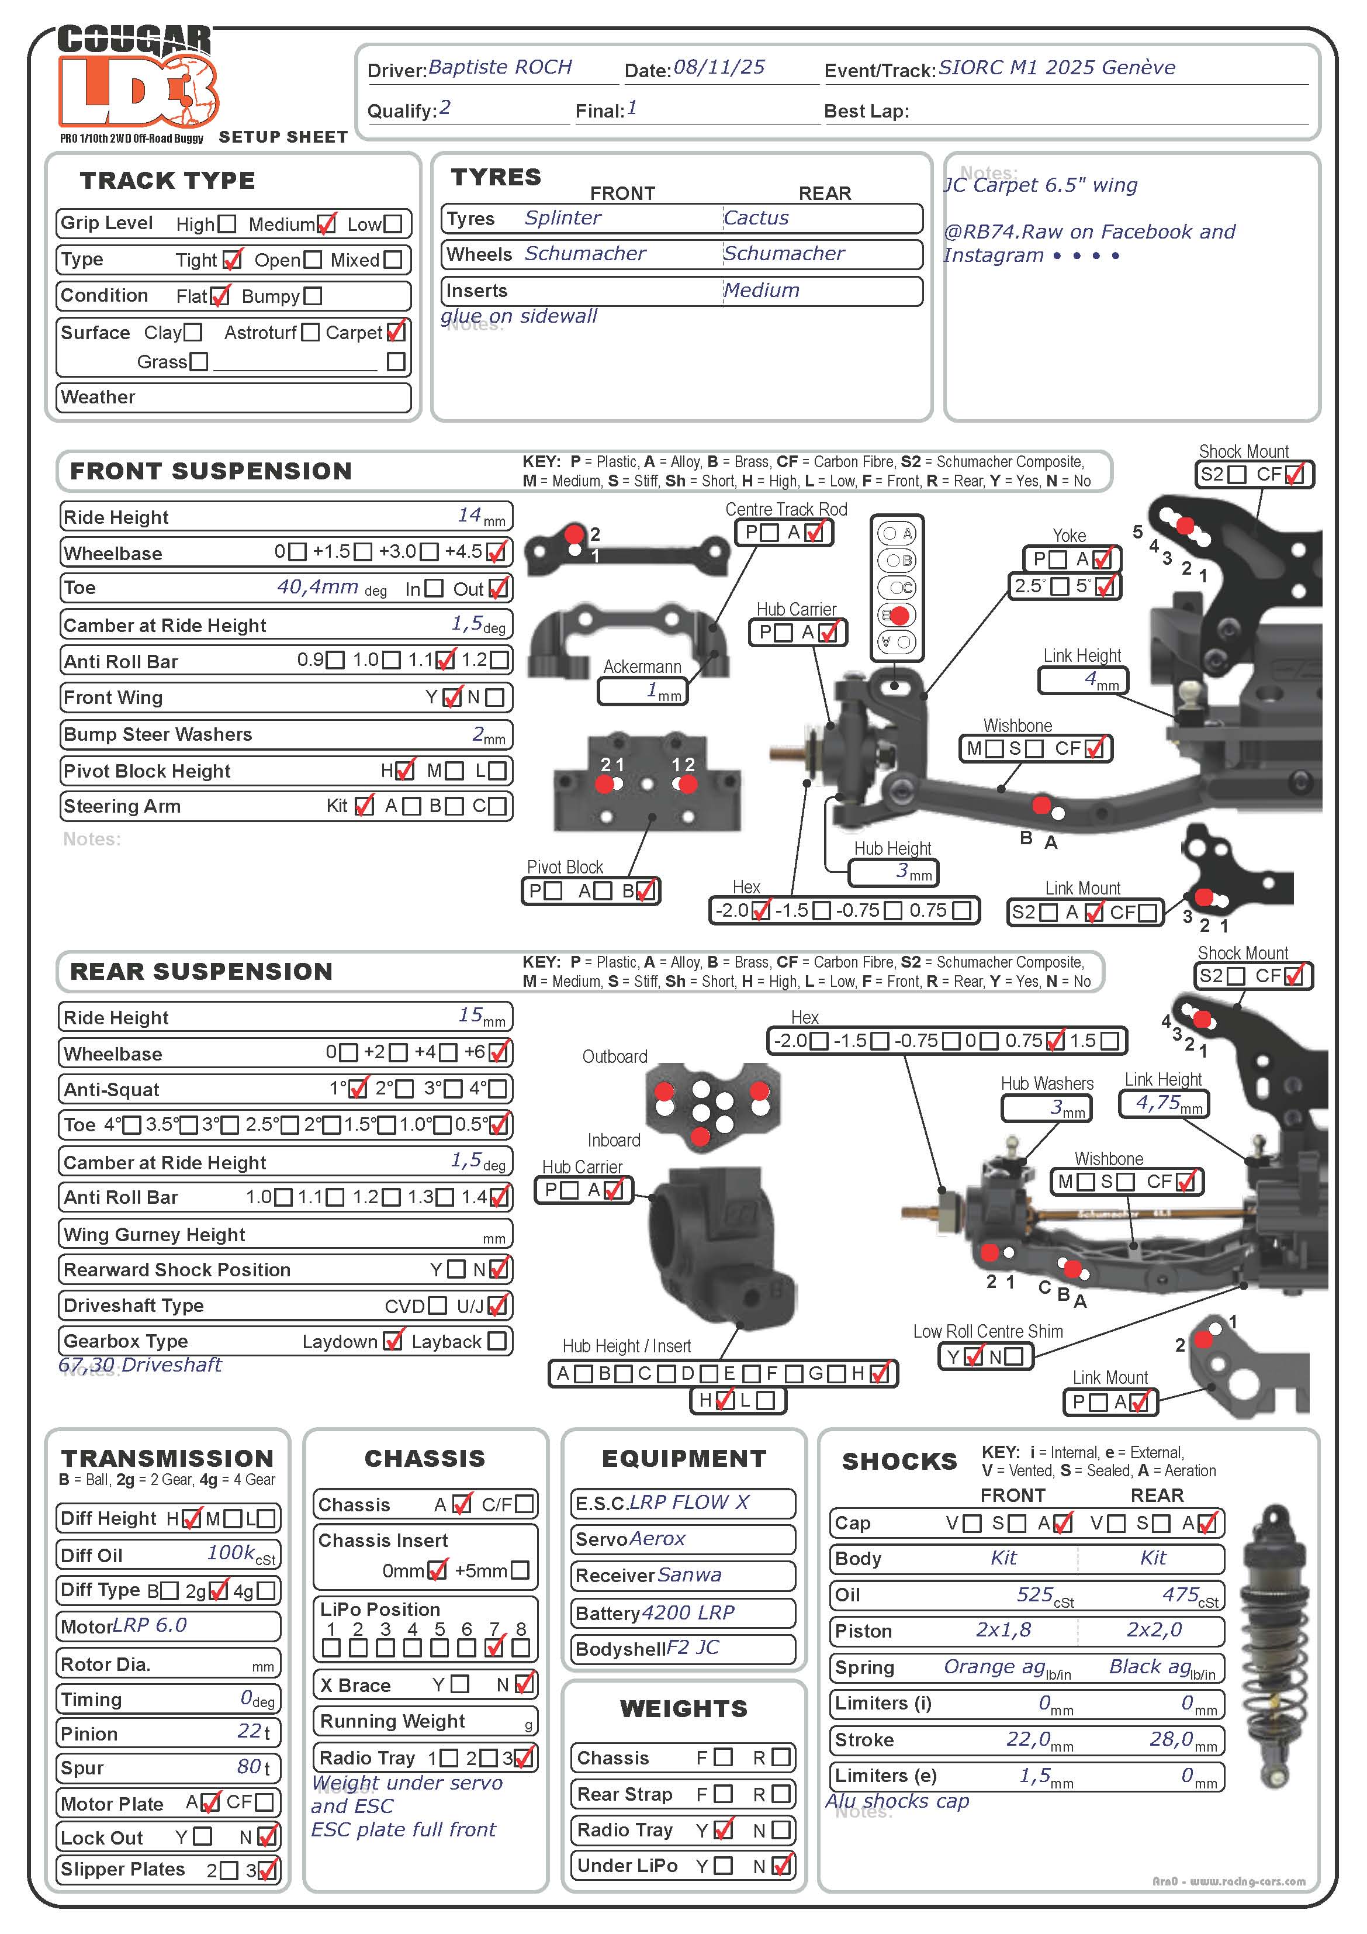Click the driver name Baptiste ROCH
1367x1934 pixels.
pyautogui.click(x=500, y=67)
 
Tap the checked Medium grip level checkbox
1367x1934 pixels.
pyautogui.click(x=326, y=224)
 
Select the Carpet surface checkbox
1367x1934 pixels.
pyautogui.click(x=395, y=332)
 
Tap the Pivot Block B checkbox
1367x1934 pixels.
pyautogui.click(x=645, y=890)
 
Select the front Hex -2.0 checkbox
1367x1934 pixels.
pyautogui.click(x=760, y=910)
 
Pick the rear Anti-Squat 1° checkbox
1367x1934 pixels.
pyautogui.click(x=358, y=1088)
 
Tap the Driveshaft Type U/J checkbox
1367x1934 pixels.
pyautogui.click(x=497, y=1306)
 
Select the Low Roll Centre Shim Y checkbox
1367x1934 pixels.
pyautogui.click(x=973, y=1356)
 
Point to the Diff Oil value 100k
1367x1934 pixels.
pyautogui.click(x=231, y=1553)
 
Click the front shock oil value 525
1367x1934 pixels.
pyautogui.click(x=1034, y=1594)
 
